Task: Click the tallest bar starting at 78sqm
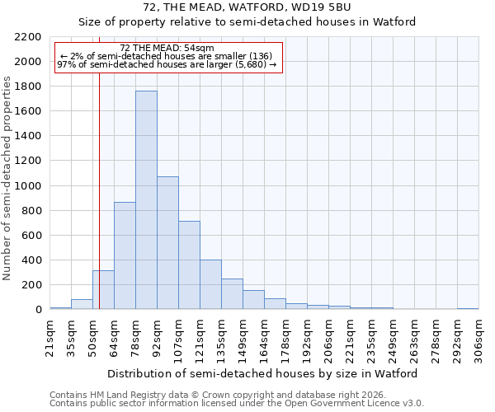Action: coord(146,200)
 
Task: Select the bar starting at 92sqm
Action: coord(167,243)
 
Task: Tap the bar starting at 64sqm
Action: coord(125,255)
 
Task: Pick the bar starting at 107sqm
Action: coord(189,265)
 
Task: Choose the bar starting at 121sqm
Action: coord(210,284)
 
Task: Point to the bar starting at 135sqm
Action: coord(232,294)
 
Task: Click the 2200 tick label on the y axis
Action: coord(29,37)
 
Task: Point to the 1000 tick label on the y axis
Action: coord(29,186)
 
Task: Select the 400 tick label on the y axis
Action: coord(32,260)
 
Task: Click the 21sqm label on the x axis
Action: coord(49,336)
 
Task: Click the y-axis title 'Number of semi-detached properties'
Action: coord(8,178)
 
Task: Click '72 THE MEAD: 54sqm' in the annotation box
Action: coord(167,48)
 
